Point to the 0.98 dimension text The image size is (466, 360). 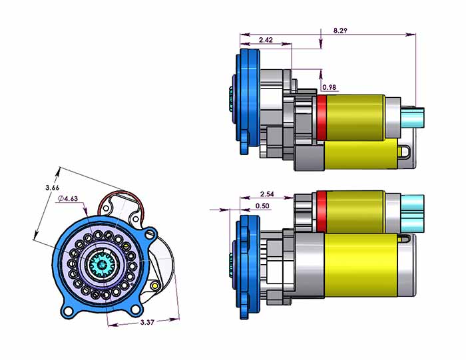tap(329, 87)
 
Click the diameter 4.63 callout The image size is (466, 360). tap(68, 198)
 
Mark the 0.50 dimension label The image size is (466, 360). tap(262, 206)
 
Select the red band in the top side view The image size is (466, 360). tap(321, 118)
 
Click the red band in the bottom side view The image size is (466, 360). tap(321, 211)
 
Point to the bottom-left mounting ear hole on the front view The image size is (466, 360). tap(67, 310)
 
